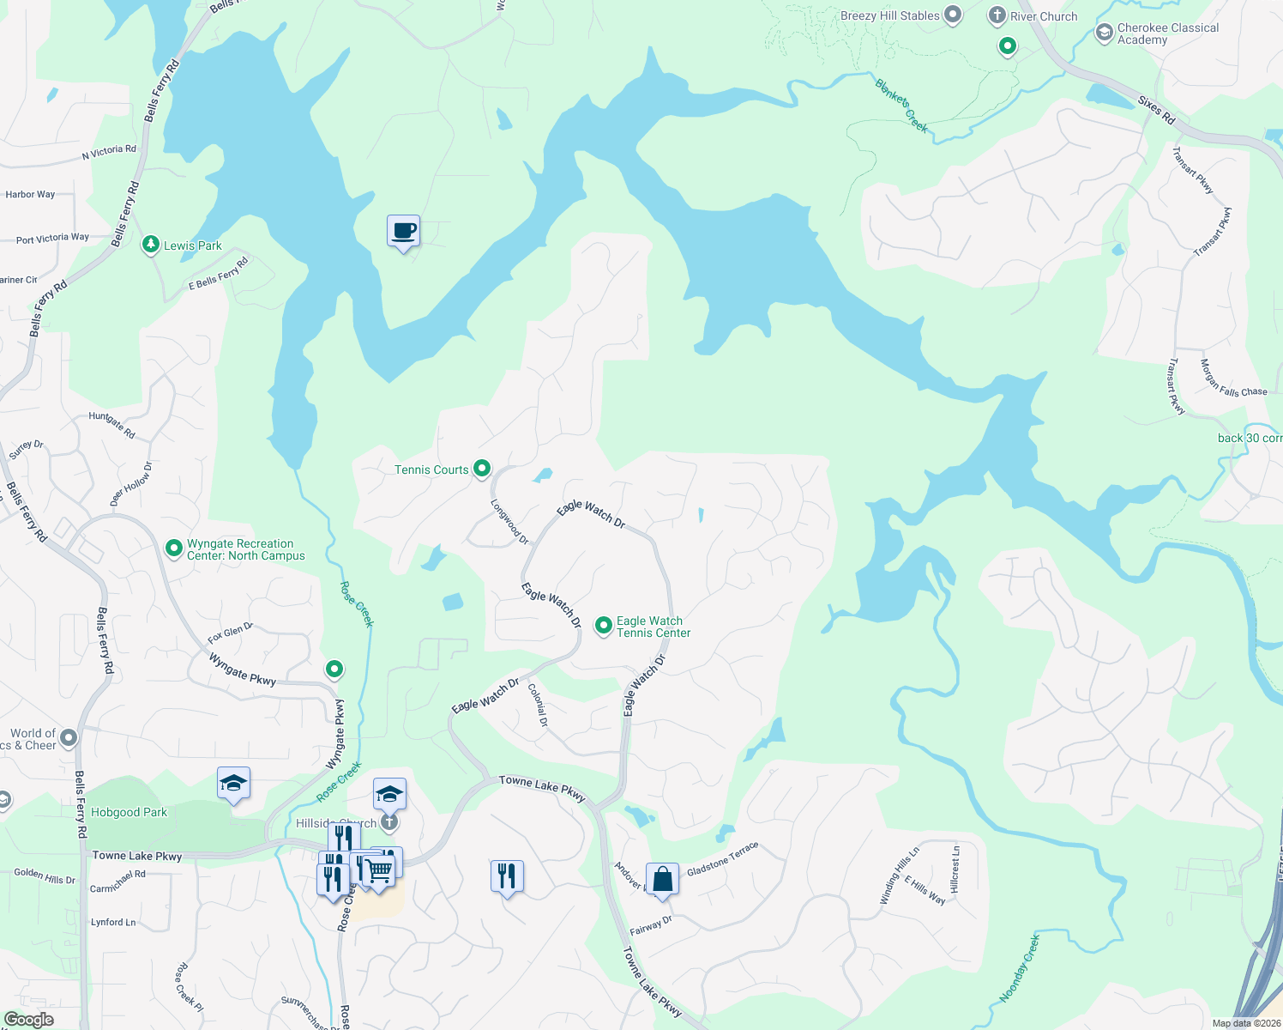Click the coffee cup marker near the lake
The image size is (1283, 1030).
403,231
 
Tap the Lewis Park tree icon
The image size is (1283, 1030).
151,245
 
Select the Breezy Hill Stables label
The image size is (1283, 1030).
889,15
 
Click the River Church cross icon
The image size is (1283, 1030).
997,15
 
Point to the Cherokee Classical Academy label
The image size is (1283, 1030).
1167,33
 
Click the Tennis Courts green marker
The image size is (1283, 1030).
482,469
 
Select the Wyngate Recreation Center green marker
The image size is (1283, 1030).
174,548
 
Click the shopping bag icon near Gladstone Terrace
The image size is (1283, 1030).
662,879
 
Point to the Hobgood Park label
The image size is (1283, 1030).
129,812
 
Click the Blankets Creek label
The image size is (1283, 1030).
901,106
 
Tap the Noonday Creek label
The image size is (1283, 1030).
1019,969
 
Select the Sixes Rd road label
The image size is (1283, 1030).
1156,109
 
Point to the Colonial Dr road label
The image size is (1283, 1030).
538,705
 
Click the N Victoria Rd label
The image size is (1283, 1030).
109,152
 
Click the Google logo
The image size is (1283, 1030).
28,1019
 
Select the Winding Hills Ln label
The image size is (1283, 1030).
899,875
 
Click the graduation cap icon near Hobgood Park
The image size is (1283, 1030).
233,783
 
